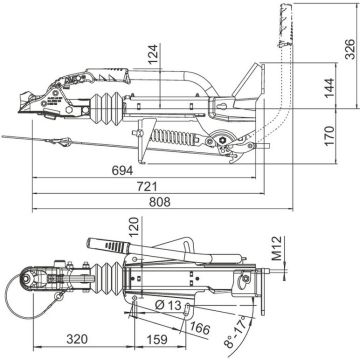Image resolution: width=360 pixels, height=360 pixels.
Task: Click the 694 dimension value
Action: click(122, 170)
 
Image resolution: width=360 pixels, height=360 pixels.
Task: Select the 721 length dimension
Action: click(147, 186)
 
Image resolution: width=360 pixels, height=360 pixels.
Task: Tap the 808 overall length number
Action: click(159, 202)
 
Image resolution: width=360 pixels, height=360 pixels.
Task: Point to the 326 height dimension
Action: click(350, 49)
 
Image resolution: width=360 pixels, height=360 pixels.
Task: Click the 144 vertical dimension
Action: click(330, 87)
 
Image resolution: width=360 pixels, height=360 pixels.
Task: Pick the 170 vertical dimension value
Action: click(330, 136)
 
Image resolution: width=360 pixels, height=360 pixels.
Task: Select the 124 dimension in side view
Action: click(153, 55)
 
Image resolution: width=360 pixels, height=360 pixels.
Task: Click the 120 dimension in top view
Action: click(134, 227)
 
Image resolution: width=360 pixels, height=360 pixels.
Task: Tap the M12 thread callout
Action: click(276, 248)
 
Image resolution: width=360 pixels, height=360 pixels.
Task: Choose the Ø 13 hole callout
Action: click(168, 305)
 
